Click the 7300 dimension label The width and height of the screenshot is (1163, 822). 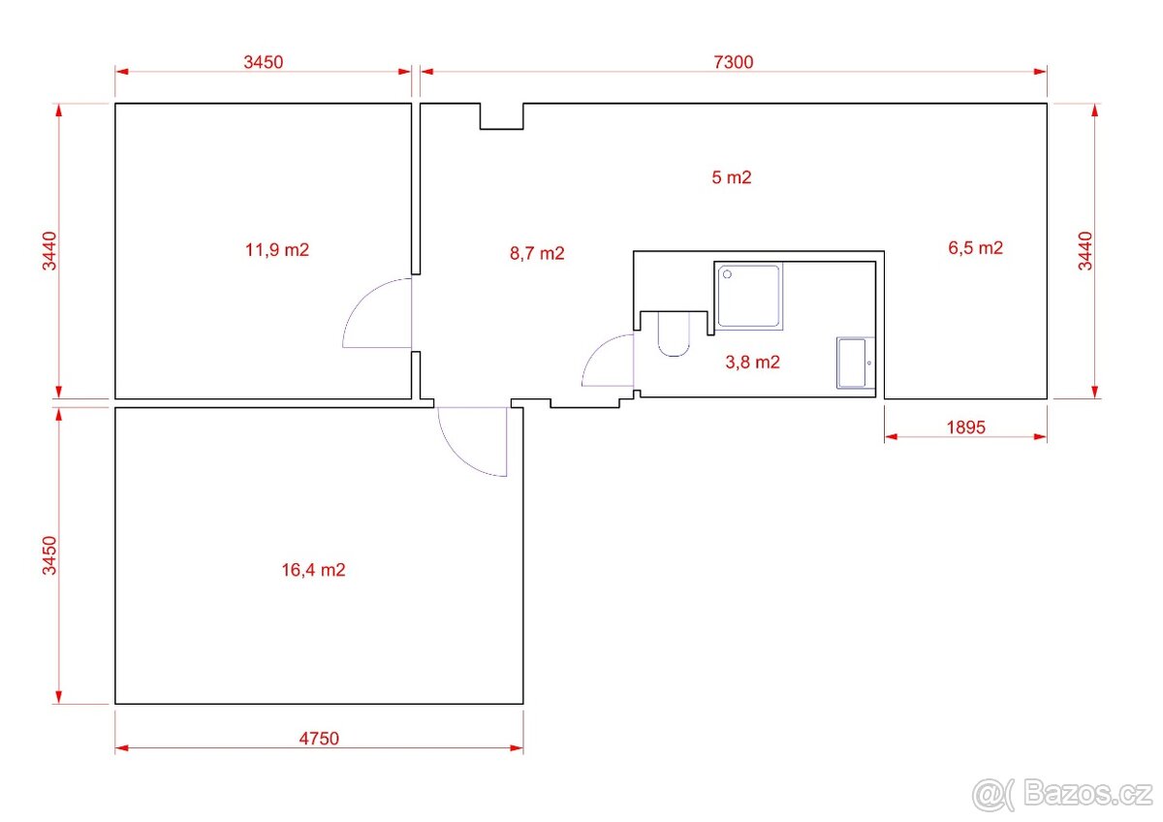click(x=733, y=62)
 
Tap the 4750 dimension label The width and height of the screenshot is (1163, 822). click(x=319, y=739)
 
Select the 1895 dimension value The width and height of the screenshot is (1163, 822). click(x=965, y=427)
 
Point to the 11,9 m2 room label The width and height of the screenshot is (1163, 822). click(x=277, y=250)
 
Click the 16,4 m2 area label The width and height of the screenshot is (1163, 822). click(x=313, y=570)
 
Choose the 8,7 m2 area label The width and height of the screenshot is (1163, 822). click(x=537, y=253)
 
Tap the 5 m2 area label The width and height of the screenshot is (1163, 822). click(x=731, y=177)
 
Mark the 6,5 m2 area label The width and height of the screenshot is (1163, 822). click(x=975, y=248)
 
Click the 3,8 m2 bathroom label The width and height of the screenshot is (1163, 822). click(x=752, y=363)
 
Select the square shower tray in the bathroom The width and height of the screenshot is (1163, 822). click(x=748, y=296)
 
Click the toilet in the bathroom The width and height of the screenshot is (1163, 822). click(x=674, y=334)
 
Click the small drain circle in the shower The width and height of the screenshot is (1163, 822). click(x=728, y=274)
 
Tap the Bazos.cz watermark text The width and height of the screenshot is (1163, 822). click(x=1087, y=795)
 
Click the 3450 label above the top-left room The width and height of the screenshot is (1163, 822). click(x=264, y=62)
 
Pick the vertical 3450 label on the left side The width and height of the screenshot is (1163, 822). click(x=49, y=555)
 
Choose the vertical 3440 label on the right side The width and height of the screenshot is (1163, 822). click(x=1085, y=251)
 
